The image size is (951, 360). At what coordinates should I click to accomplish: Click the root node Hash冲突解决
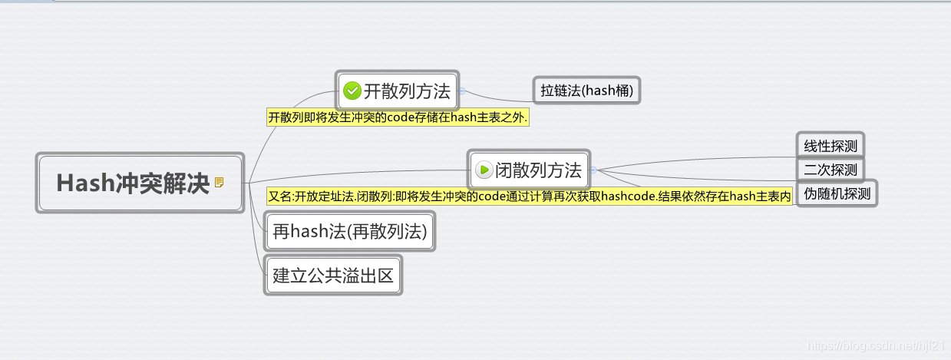pyautogui.click(x=133, y=183)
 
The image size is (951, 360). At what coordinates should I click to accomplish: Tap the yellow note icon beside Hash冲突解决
pyautogui.click(x=220, y=183)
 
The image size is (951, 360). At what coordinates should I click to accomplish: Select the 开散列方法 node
pyautogui.click(x=397, y=91)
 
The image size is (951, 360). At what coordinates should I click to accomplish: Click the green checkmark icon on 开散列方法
pyautogui.click(x=352, y=91)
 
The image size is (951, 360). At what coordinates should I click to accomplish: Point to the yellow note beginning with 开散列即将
pyautogui.click(x=399, y=117)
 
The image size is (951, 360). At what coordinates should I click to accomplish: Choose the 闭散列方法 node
pyautogui.click(x=529, y=169)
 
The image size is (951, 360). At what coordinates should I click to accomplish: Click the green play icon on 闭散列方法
pyautogui.click(x=484, y=170)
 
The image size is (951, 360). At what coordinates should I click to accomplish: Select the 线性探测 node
pyautogui.click(x=830, y=146)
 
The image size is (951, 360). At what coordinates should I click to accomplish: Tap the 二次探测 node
pyautogui.click(x=830, y=170)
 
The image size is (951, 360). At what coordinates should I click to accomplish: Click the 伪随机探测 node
pyautogui.click(x=837, y=193)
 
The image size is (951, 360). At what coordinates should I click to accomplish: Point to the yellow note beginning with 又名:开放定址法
pyautogui.click(x=529, y=197)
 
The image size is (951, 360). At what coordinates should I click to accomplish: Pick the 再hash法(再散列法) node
pyautogui.click(x=349, y=230)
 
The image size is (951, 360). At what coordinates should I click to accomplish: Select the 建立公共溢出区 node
pyautogui.click(x=333, y=276)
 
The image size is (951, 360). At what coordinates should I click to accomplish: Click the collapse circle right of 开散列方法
pyautogui.click(x=462, y=91)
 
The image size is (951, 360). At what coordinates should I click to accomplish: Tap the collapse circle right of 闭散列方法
pyautogui.click(x=593, y=170)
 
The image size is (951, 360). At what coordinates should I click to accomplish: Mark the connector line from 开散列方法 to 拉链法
pyautogui.click(x=499, y=97)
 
